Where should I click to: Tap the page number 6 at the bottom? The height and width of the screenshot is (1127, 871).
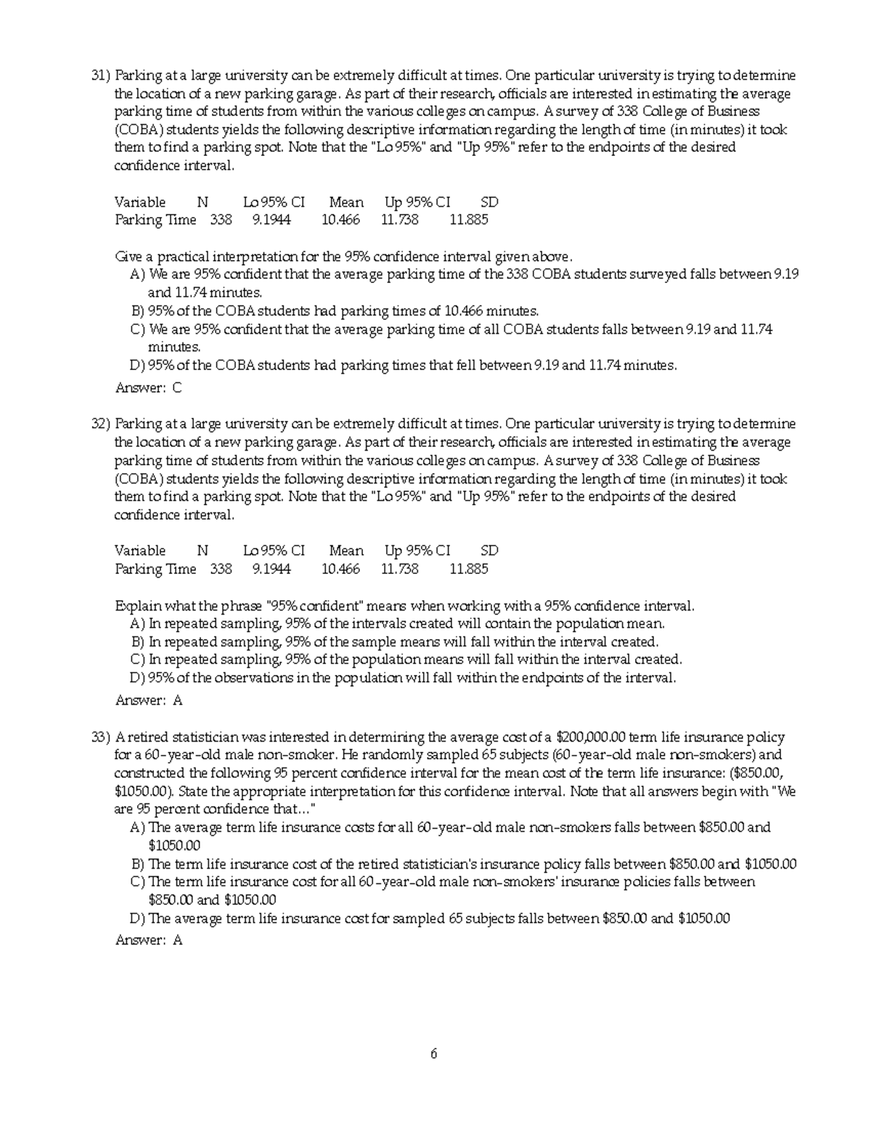(433, 1054)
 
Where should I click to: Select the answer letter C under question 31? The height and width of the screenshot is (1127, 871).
(177, 388)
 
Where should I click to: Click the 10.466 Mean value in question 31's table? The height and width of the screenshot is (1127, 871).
(340, 220)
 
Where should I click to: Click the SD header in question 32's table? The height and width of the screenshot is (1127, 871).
(489, 551)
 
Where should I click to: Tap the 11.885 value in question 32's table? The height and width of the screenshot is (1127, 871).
(469, 569)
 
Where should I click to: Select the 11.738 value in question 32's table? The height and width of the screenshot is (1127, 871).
(399, 569)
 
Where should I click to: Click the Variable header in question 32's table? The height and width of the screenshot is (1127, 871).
(140, 551)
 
